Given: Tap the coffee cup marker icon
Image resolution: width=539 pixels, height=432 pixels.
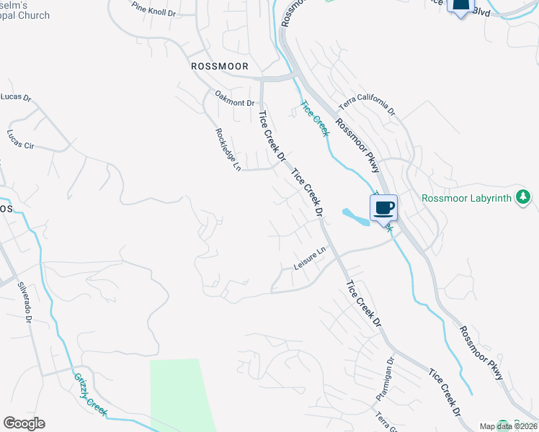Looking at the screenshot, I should pos(383,209).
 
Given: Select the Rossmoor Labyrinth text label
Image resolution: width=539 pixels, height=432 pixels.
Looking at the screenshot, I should pos(467,198).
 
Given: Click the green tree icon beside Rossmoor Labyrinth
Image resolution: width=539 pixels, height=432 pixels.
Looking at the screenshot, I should pos(524,197).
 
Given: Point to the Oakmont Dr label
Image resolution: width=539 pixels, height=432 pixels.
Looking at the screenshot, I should pos(236,98).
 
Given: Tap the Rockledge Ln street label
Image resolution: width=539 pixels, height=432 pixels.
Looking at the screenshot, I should pos(228,150).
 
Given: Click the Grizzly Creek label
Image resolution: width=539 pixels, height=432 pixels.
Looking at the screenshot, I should pos(90,394).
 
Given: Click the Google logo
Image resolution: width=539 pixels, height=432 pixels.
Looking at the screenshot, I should pos(24,423).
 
